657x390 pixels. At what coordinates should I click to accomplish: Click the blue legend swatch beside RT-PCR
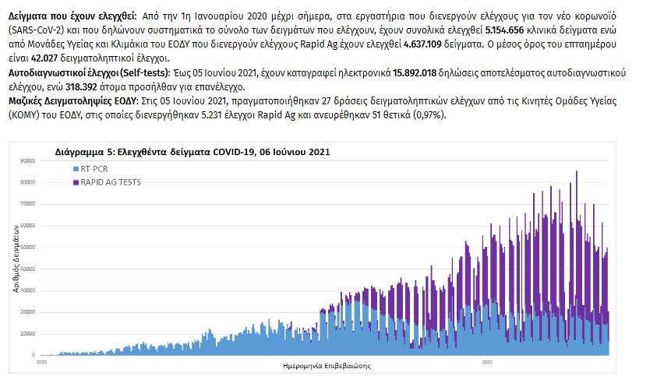coord(75,168)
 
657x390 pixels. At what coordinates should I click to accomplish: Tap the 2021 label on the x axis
coord(487,362)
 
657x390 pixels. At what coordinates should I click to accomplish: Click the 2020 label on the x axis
coord(43,362)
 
